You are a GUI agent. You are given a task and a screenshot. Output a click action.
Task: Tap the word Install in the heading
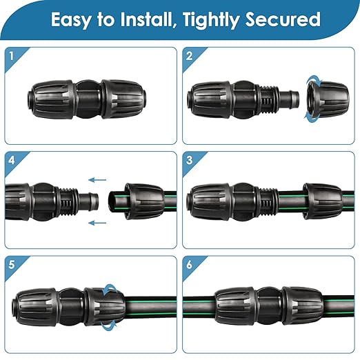click(x=146, y=19)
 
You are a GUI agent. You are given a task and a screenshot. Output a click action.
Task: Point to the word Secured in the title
click(x=287, y=19)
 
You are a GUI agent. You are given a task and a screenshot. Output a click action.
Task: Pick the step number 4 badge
click(x=11, y=161)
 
